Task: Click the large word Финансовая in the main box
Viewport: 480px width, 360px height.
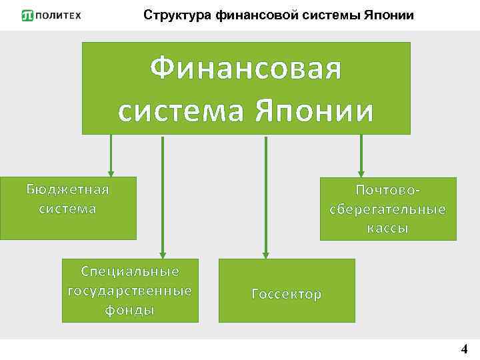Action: pyautogui.click(x=246, y=69)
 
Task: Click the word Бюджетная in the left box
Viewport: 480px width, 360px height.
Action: pyautogui.click(x=67, y=189)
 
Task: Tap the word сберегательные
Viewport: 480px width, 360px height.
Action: pyautogui.click(x=388, y=209)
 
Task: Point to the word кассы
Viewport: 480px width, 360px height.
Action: pyautogui.click(x=388, y=229)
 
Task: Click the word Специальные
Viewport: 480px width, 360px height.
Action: pyautogui.click(x=130, y=271)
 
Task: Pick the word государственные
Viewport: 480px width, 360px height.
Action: pyautogui.click(x=130, y=291)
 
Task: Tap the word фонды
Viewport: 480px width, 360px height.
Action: pyautogui.click(x=130, y=310)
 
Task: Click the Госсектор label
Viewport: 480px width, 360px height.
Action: pyautogui.click(x=287, y=294)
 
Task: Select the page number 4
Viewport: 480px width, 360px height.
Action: pyautogui.click(x=465, y=349)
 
